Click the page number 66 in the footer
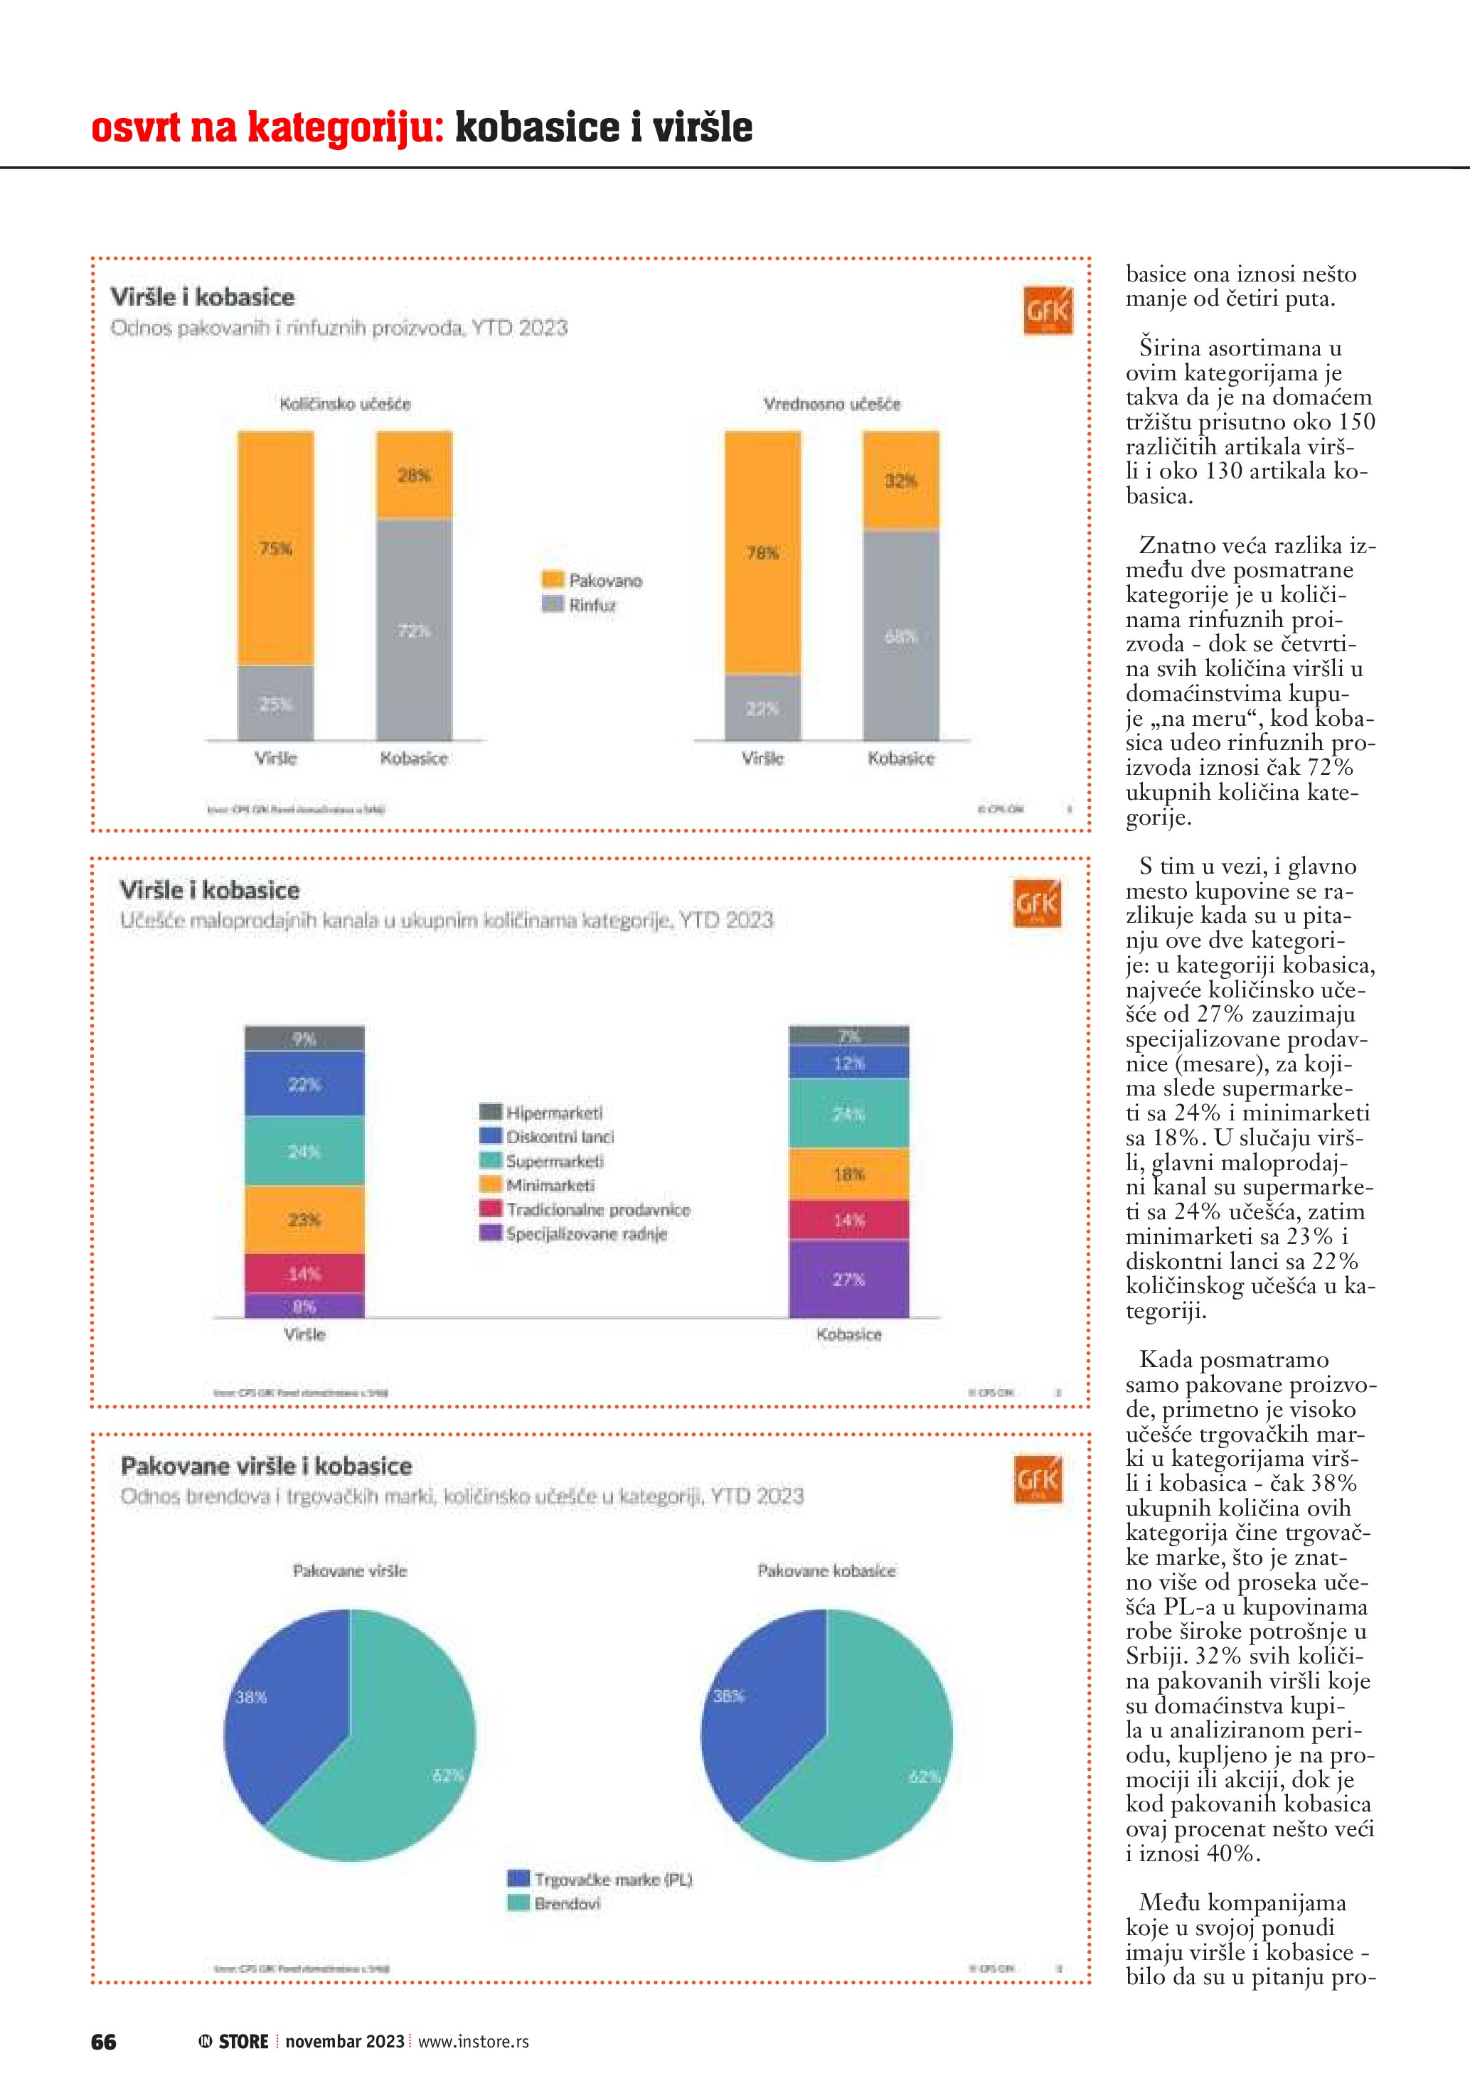[x=103, y=2041]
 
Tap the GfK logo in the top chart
[x=1048, y=311]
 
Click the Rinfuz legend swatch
[x=552, y=604]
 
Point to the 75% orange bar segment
[x=276, y=548]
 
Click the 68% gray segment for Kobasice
[x=900, y=636]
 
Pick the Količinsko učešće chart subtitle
[x=345, y=404]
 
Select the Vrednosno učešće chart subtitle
[x=832, y=404]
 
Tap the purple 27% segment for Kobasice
[x=848, y=1279]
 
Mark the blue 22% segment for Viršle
[x=304, y=1084]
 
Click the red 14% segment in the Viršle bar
[x=304, y=1273]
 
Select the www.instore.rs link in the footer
[x=474, y=2041]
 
